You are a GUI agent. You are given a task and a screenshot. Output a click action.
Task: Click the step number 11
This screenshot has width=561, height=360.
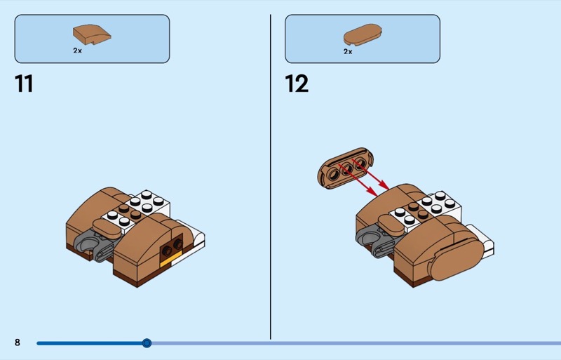point(24,84)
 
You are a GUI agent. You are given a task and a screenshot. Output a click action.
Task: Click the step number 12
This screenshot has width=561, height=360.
point(297,84)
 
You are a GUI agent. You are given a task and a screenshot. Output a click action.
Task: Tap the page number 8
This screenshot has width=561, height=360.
point(17,342)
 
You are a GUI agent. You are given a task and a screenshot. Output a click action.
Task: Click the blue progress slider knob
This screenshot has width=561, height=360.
point(147,343)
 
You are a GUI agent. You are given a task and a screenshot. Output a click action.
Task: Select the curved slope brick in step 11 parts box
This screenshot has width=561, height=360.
point(92,35)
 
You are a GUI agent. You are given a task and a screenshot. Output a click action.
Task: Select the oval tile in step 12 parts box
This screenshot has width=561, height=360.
point(363,35)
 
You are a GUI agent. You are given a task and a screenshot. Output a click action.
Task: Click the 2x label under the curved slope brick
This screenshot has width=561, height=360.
point(77,51)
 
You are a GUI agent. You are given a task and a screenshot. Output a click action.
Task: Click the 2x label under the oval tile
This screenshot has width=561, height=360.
point(348,52)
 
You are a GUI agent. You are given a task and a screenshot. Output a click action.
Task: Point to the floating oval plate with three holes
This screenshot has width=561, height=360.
point(345,168)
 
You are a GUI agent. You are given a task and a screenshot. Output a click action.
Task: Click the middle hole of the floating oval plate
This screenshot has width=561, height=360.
point(346,169)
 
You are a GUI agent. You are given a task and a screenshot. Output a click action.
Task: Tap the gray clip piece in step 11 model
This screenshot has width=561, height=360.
point(95,244)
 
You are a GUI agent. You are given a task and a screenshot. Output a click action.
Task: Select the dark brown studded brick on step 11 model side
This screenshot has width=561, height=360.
point(171,246)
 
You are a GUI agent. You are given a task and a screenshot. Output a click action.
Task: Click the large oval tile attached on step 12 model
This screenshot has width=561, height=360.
point(457,259)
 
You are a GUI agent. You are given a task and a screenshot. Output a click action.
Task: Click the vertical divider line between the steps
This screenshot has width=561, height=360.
point(271,177)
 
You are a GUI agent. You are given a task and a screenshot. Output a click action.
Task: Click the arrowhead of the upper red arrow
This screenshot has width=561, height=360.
point(385,185)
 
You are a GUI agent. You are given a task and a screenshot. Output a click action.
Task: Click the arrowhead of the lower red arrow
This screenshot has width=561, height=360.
point(374,192)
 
